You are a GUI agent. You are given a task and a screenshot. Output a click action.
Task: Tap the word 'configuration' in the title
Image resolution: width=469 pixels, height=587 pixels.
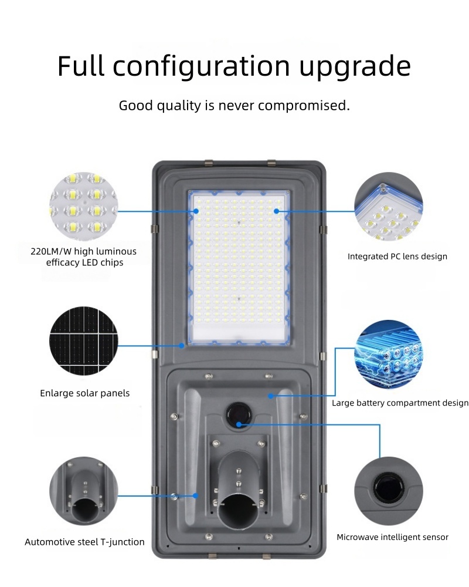tap(202, 67)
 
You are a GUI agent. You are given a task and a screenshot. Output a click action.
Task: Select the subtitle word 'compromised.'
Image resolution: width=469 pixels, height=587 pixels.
tap(304, 106)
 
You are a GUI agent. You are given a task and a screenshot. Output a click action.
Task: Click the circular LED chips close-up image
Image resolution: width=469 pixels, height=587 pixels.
tap(83, 207)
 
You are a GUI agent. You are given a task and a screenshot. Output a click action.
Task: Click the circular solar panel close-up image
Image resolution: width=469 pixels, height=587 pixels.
tap(83, 340)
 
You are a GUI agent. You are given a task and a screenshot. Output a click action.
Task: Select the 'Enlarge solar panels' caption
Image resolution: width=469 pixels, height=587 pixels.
tap(85, 393)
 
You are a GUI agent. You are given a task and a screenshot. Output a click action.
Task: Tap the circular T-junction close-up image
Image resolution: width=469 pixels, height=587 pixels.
tap(83, 491)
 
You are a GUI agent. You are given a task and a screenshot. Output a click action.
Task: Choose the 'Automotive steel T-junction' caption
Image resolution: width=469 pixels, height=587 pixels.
tap(84, 542)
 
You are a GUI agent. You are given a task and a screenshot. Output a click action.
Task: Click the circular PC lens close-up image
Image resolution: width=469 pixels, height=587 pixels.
tap(389, 207)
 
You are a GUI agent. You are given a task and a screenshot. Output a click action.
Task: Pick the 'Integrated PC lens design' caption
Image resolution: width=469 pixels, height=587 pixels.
tap(397, 257)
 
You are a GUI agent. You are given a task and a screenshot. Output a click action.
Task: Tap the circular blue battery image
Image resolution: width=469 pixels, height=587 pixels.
tap(389, 354)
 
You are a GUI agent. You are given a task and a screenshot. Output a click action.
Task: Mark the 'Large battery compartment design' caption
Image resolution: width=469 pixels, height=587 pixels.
tap(400, 403)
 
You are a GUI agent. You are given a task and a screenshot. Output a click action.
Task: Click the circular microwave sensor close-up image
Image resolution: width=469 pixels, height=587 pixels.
tap(389, 491)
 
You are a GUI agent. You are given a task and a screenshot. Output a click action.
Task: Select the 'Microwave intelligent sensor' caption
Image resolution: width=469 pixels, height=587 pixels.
tap(392, 537)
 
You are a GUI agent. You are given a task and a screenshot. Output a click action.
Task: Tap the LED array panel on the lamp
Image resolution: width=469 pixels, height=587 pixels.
tap(239, 267)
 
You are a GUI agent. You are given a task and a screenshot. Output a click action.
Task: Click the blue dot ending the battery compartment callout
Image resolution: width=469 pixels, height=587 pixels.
tap(271, 396)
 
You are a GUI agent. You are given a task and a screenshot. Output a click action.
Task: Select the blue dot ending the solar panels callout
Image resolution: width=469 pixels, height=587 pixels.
tap(182, 346)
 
